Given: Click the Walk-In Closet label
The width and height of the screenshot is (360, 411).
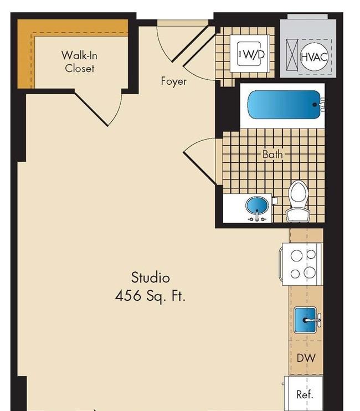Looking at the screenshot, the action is (x=79, y=62).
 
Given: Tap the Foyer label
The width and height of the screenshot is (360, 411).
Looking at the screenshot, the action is (x=174, y=81).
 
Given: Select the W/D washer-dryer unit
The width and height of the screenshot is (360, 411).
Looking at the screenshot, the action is (x=250, y=54).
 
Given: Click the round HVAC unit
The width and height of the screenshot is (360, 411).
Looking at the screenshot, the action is (x=314, y=56).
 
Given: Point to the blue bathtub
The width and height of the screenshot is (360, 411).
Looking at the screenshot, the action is (x=284, y=105).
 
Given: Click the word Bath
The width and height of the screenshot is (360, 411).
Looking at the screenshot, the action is (x=272, y=155).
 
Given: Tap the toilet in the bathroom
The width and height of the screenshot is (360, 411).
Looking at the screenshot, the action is (x=297, y=201).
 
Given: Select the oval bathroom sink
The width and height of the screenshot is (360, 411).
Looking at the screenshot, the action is (x=257, y=206).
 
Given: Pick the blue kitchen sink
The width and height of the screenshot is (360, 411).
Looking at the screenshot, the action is (x=305, y=320).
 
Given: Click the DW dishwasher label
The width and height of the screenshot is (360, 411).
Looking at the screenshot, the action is (x=306, y=358).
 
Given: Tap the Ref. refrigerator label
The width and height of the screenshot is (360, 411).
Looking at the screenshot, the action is (x=305, y=394).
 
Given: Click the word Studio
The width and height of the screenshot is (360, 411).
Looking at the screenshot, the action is (x=151, y=278).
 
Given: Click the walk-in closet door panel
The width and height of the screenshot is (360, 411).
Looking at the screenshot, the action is (x=91, y=108).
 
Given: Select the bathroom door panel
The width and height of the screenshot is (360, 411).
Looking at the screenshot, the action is (x=199, y=168).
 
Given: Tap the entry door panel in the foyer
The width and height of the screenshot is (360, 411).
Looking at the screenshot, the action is (x=189, y=43).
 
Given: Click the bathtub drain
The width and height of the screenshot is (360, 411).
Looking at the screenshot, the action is (x=315, y=105).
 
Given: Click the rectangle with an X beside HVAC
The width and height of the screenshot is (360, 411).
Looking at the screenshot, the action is (x=292, y=55).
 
